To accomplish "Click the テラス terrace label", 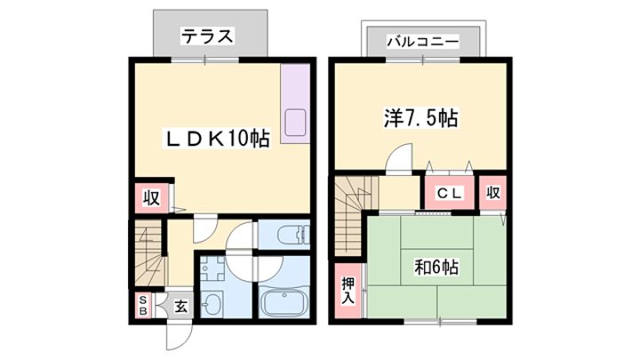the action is pyautogui.click(x=207, y=36).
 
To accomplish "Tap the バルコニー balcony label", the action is pyautogui.click(x=423, y=41).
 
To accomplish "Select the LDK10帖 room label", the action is pyautogui.click(x=217, y=139).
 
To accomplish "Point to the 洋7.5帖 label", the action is pyautogui.click(x=420, y=118).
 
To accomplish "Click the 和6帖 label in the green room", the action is pyautogui.click(x=436, y=268).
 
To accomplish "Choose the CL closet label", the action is pyautogui.click(x=450, y=193).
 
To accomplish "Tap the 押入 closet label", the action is pyautogui.click(x=348, y=291).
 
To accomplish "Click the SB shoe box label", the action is pyautogui.click(x=143, y=306).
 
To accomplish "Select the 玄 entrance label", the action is pyautogui.click(x=180, y=307).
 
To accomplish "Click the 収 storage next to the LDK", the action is pyautogui.click(x=151, y=198).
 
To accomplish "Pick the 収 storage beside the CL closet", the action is pyautogui.click(x=493, y=192).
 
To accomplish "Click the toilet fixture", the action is pyautogui.click(x=293, y=235).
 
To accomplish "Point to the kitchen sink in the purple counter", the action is pyautogui.click(x=295, y=123).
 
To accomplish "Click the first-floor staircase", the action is pyautogui.click(x=150, y=254).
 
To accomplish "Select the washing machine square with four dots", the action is pyautogui.click(x=212, y=269).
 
